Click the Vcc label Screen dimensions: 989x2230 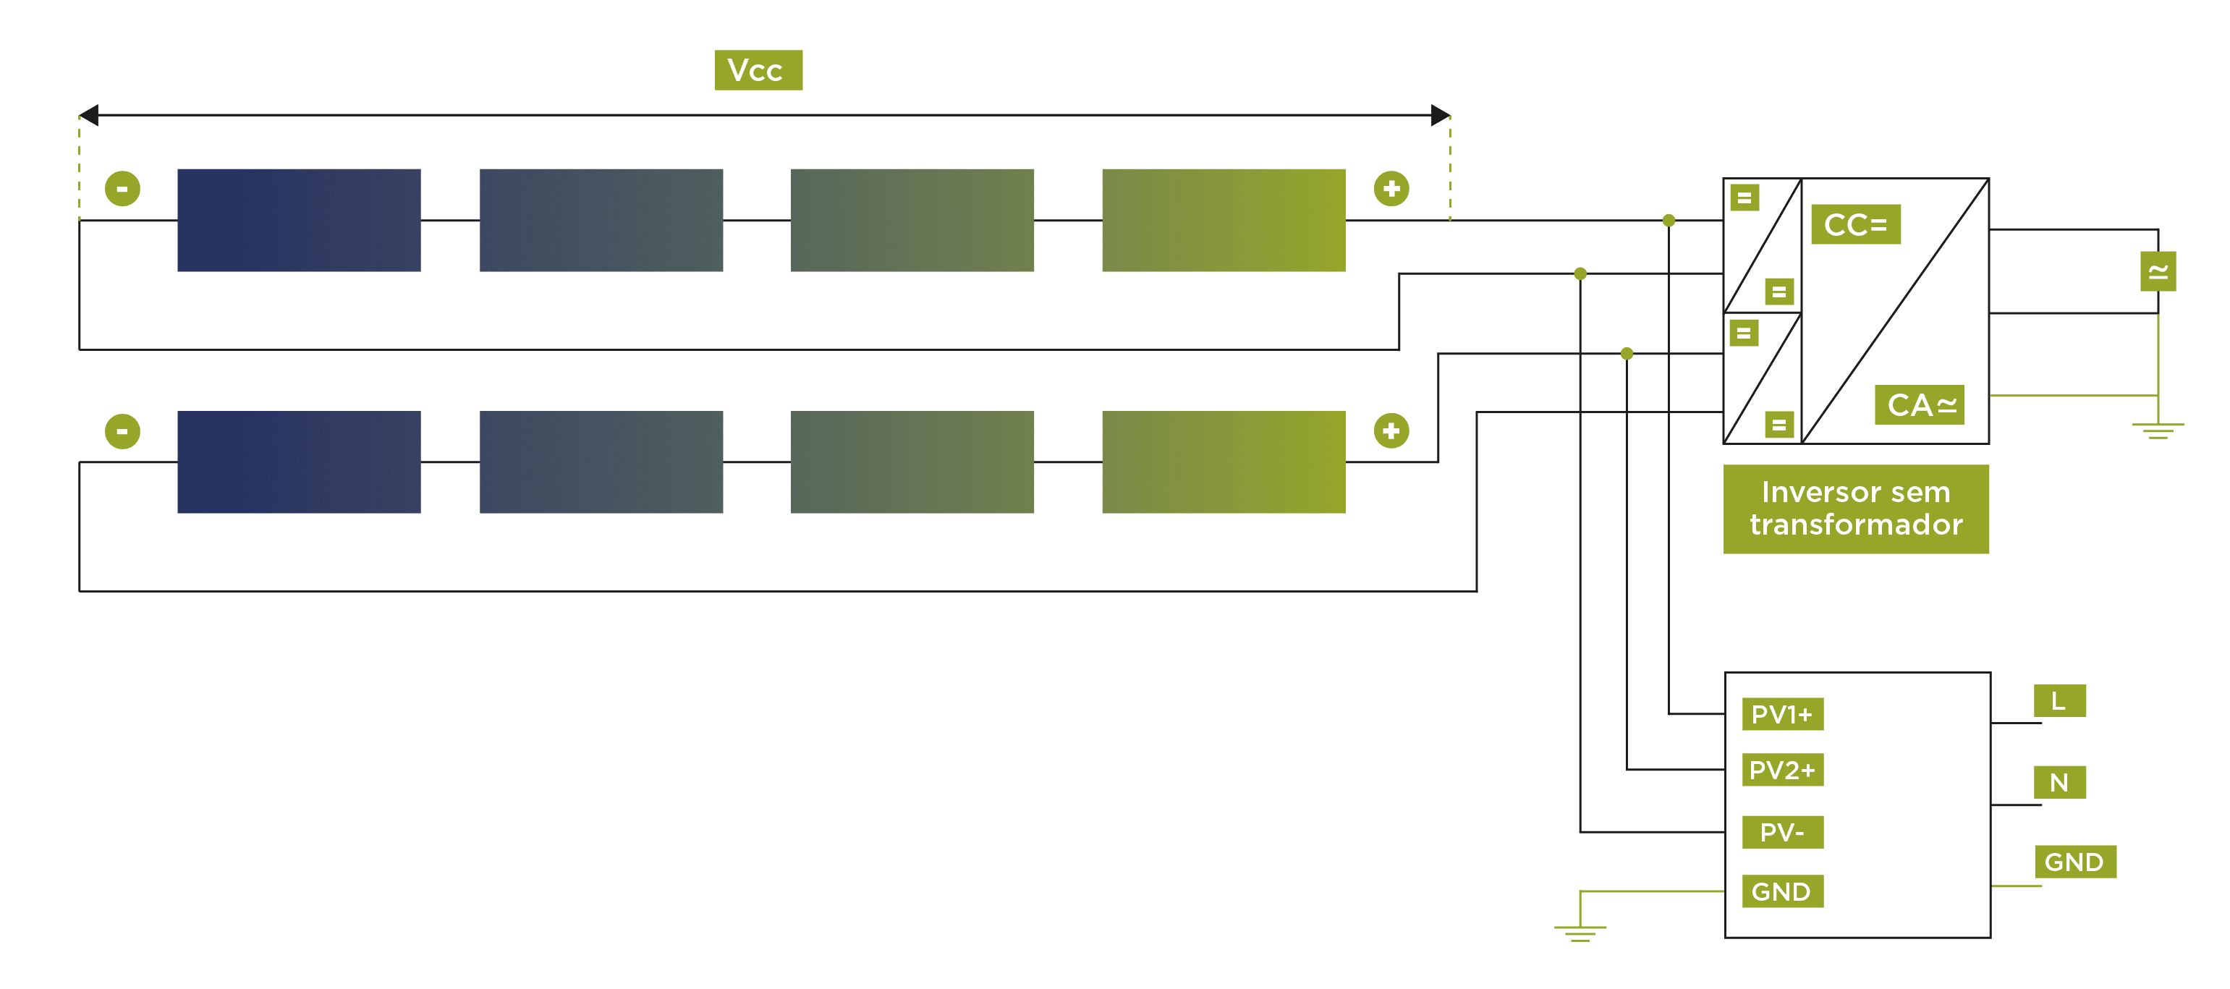click(x=758, y=70)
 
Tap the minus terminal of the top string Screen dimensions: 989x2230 click(x=122, y=189)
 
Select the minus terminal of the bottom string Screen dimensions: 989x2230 click(x=122, y=431)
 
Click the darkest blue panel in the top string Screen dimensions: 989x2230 click(x=299, y=220)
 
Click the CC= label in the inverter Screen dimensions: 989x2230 click(x=1855, y=224)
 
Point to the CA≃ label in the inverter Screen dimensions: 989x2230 click(x=1919, y=404)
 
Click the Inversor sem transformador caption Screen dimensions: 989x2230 click(x=1855, y=509)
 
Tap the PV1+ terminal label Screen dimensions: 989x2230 click(x=1781, y=714)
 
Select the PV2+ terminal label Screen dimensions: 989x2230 click(x=1781, y=769)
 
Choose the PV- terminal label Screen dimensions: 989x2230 click(x=1781, y=831)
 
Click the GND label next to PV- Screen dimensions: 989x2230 click(x=1781, y=891)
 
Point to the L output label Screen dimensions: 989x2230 click(x=2059, y=700)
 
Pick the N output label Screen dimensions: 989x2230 click(x=2059, y=782)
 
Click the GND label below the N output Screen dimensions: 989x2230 click(x=2074, y=862)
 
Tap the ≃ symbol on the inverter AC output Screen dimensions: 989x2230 click(x=2158, y=272)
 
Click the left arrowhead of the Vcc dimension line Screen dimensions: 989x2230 click(x=89, y=115)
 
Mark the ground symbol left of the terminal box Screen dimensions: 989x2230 click(x=1579, y=930)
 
